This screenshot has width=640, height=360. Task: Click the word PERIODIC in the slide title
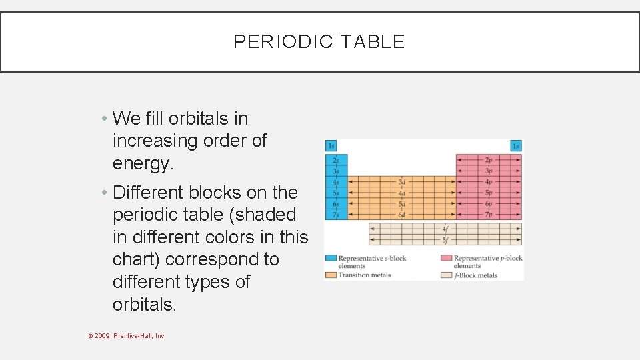[x=283, y=42]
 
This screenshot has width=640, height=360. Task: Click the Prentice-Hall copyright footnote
[x=127, y=336]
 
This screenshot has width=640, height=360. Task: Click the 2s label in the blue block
[x=336, y=160]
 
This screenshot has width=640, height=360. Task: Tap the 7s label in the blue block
[x=336, y=215]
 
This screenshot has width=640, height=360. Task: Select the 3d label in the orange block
[x=402, y=182]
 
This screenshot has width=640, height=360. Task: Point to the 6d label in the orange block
[x=402, y=215]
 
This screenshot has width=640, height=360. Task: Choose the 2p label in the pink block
[x=489, y=160]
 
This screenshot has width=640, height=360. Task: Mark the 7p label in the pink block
[x=489, y=215]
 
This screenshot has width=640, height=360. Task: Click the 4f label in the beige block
[x=445, y=229]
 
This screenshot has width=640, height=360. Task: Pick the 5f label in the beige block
[x=445, y=240]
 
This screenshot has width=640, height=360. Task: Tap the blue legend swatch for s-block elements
[x=331, y=258]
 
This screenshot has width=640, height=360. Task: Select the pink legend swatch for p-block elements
[x=446, y=258]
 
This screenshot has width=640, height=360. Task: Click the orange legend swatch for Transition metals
[x=331, y=275]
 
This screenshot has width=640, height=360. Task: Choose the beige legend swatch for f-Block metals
[x=446, y=275]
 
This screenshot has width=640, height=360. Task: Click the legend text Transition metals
[x=364, y=275]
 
